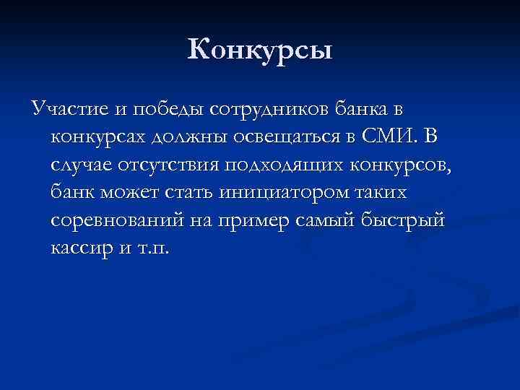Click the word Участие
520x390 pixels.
pyautogui.click(x=64, y=109)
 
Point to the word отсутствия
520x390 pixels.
pyautogui.click(x=171, y=165)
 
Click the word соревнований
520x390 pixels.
pyautogui.click(x=116, y=222)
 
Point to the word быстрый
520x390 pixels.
pyautogui.click(x=407, y=222)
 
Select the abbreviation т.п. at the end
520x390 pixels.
pyautogui.click(x=155, y=250)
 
